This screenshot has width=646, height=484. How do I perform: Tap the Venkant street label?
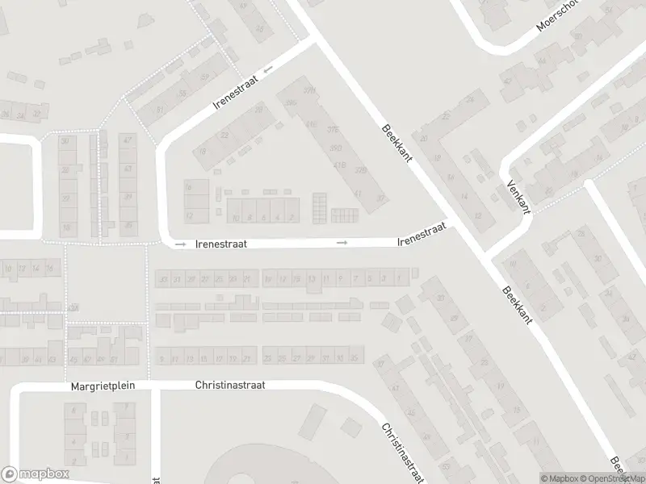point(517,196)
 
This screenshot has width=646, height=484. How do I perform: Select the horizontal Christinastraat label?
point(230,386)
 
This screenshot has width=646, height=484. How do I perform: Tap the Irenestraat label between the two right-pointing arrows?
point(220,242)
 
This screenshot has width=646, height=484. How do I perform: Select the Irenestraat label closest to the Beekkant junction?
point(422,235)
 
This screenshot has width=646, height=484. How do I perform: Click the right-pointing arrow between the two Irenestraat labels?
point(343,242)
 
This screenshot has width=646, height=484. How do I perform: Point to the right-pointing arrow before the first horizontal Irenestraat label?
point(180,243)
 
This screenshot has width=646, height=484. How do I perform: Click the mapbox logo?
point(36,474)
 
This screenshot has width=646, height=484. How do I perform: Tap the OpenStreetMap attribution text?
point(615,478)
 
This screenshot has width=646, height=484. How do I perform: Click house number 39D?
point(336,148)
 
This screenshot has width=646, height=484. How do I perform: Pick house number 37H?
point(308,90)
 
